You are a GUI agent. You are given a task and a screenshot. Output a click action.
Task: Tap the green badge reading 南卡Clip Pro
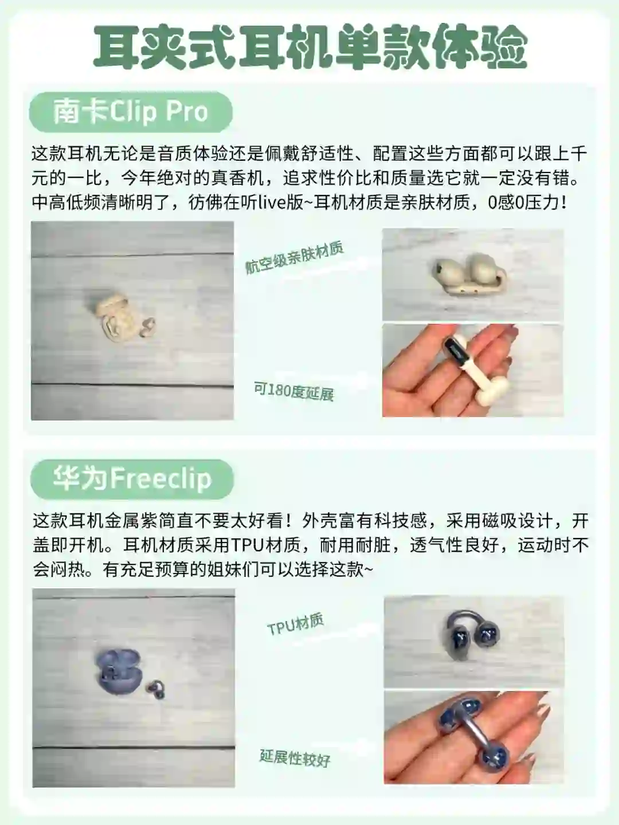[131, 112]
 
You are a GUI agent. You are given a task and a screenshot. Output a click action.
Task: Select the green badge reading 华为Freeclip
[132, 480]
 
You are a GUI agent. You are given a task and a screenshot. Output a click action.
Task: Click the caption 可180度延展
[294, 392]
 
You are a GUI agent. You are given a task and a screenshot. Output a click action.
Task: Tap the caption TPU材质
[295, 624]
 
